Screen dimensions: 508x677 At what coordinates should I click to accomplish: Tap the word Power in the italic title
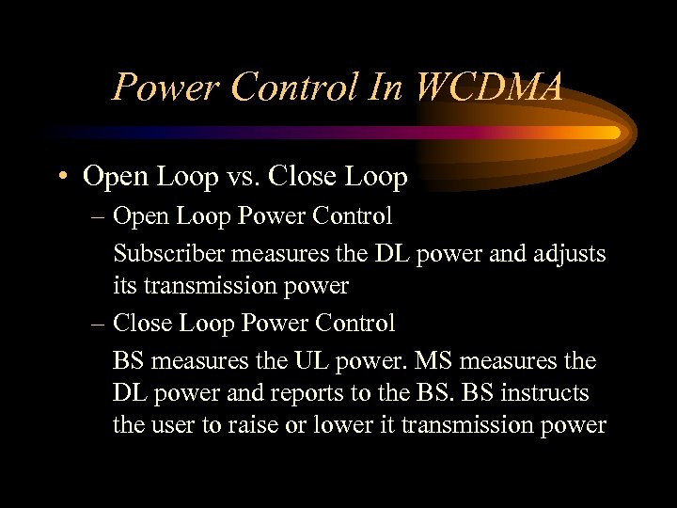[162, 87]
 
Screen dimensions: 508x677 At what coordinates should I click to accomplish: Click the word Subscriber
[168, 253]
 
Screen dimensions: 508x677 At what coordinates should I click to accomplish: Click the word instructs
[549, 393]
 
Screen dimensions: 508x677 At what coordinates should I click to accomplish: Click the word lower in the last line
[345, 425]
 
